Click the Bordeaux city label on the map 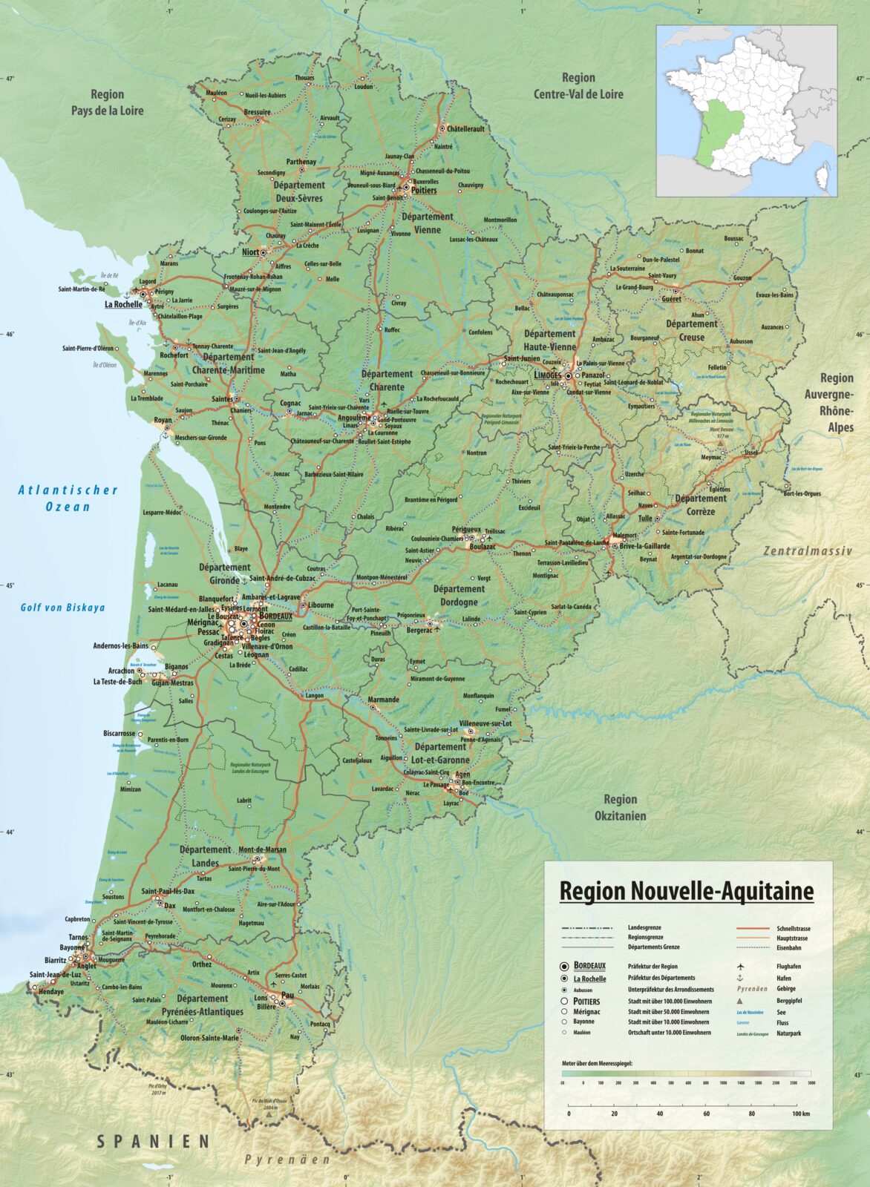point(276,615)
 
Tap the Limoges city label point(548,375)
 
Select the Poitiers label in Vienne point(425,191)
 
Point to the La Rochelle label point(123,304)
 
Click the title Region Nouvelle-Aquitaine point(686,891)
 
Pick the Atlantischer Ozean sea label point(68,498)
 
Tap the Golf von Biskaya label point(62,608)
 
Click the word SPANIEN point(153,1142)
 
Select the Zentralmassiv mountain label point(808,551)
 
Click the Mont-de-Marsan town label point(262,849)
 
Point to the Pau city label point(287,997)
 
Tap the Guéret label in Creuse point(671,299)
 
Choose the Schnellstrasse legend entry point(793,928)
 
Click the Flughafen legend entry point(789,967)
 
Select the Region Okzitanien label point(621,807)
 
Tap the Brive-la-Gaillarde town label point(644,546)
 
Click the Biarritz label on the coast point(55,960)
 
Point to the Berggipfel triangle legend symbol point(740,1000)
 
